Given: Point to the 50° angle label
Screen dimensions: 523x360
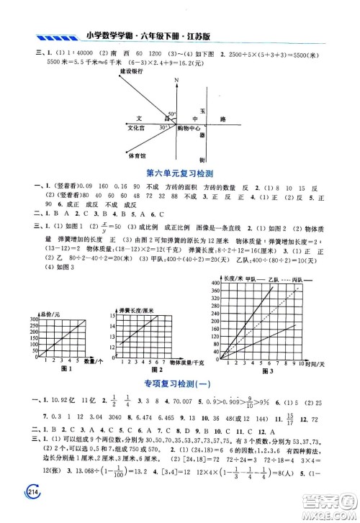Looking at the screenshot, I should tap(171, 114).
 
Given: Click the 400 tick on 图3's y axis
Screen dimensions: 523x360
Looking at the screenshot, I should tap(214, 283).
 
